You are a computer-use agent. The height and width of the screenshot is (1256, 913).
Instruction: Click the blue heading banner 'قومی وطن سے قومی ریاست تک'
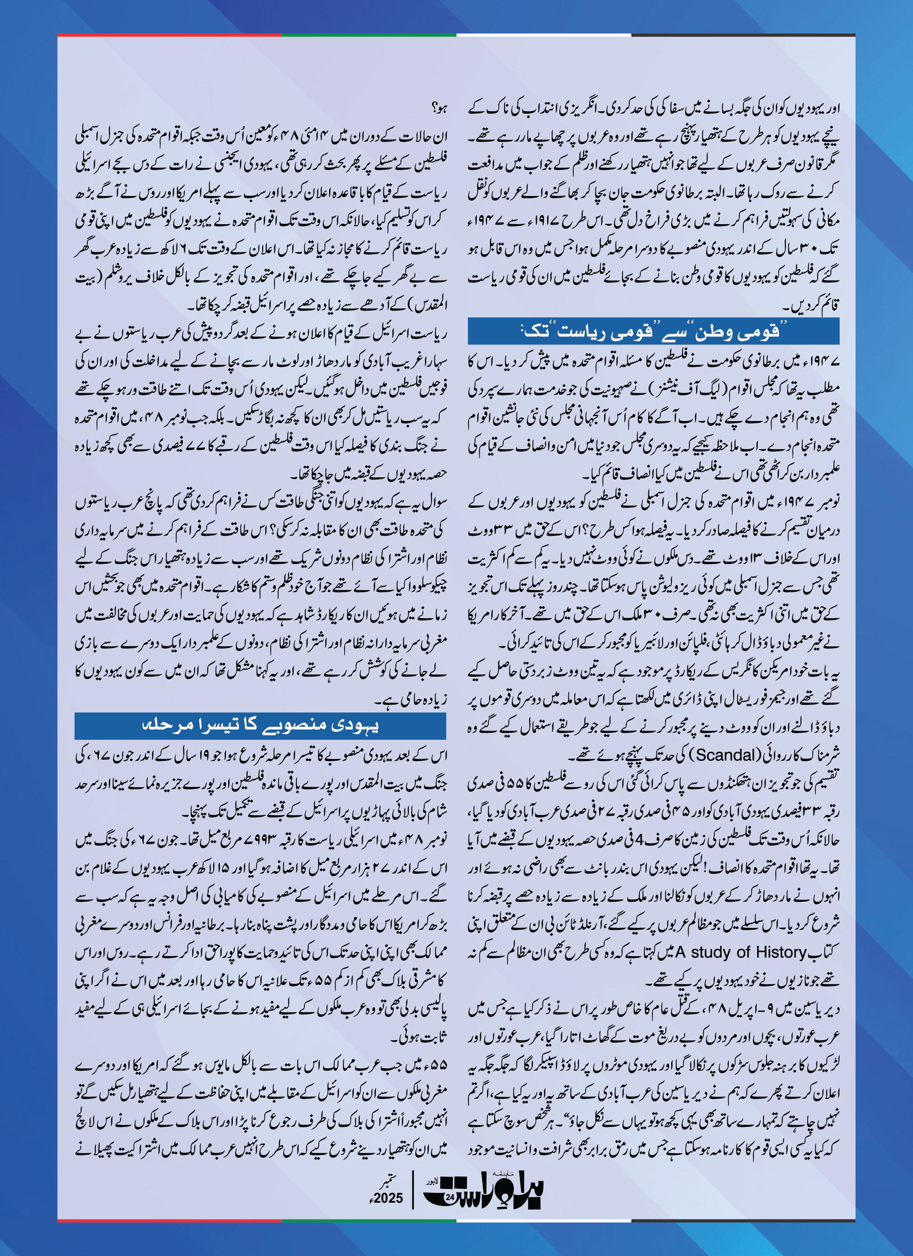653,331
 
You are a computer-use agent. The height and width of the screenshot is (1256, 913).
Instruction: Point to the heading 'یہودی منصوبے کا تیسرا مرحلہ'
260,725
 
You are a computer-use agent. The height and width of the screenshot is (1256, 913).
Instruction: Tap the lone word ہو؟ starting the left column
439,108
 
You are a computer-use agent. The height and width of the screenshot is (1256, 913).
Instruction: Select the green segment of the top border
369,35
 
